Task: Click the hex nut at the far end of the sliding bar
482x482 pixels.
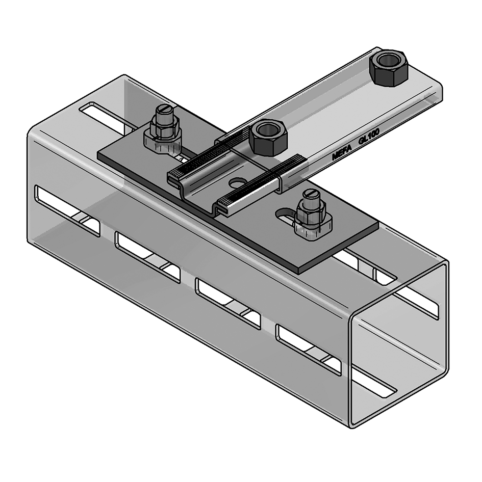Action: (x=388, y=68)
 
